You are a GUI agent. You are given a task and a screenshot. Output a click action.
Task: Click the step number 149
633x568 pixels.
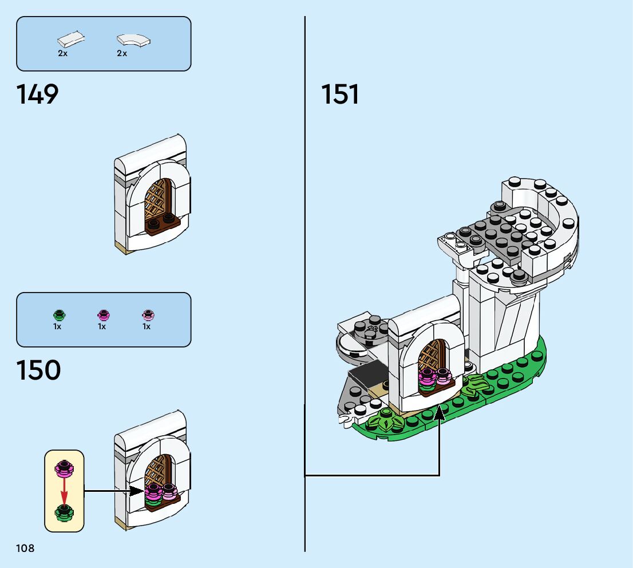tap(37, 94)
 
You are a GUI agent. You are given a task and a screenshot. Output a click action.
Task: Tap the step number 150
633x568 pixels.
tap(38, 370)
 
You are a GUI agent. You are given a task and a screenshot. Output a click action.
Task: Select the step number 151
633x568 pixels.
tap(340, 94)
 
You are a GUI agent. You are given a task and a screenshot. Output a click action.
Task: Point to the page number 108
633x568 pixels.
tap(25, 548)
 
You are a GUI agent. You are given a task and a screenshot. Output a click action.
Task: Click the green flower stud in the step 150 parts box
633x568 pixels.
tap(59, 315)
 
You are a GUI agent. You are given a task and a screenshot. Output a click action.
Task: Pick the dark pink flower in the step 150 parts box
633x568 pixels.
tap(104, 315)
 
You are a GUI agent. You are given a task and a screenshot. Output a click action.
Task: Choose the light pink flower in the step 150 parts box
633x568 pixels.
tap(148, 315)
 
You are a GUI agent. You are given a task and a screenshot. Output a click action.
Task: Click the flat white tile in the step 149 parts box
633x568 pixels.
tap(71, 39)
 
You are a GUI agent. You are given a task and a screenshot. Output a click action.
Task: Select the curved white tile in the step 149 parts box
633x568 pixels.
tap(133, 41)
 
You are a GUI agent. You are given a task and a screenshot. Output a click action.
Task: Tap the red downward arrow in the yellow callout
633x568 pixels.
tap(64, 491)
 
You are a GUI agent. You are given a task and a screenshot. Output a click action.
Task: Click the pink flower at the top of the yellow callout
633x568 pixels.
tap(64, 468)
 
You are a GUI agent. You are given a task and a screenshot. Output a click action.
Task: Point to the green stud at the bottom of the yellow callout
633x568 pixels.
tap(64, 512)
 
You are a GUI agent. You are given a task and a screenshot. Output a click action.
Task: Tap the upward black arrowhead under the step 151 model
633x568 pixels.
tap(439, 413)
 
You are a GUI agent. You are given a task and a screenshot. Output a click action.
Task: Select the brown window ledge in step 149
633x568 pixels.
tap(163, 226)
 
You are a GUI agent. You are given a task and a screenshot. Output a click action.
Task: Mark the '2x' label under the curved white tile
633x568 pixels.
tap(122, 53)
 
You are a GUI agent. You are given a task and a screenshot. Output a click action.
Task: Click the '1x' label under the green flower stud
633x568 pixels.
tap(57, 326)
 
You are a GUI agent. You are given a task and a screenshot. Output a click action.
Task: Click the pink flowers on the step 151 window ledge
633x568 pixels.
tap(435, 377)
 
